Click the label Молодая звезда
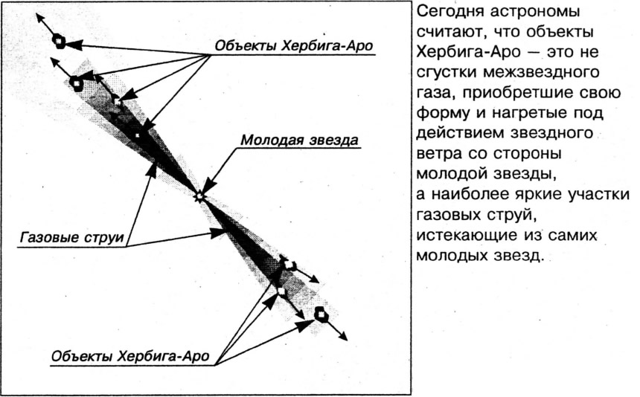coord(299,140)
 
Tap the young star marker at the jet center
coord(199,196)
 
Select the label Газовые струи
coord(72,237)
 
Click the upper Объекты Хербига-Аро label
coord(294,45)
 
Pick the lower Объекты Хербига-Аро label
coord(130,356)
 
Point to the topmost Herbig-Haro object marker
coord(60,41)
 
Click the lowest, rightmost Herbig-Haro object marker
coord(321,314)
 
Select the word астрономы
coord(535,12)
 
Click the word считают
coord(448,32)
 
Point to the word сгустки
coord(446,73)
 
